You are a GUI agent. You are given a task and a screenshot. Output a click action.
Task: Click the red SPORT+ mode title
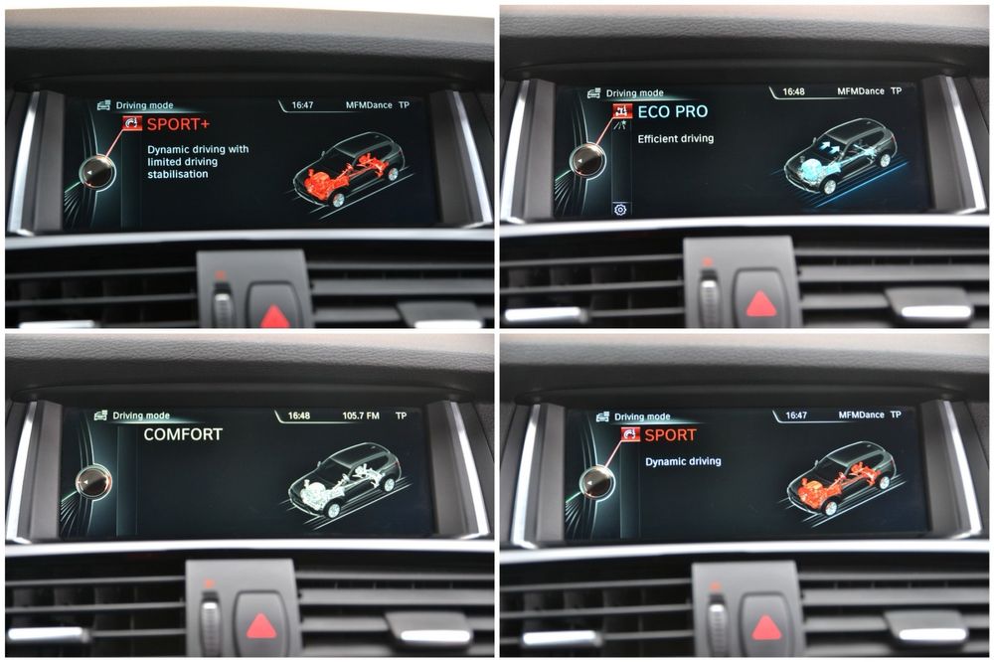click(x=178, y=124)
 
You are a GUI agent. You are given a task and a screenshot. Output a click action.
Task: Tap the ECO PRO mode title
click(x=673, y=111)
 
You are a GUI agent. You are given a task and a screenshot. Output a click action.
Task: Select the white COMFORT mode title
click(x=183, y=434)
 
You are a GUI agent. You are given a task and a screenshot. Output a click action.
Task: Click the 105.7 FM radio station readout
click(x=361, y=415)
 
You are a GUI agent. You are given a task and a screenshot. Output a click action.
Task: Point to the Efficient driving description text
click(x=676, y=139)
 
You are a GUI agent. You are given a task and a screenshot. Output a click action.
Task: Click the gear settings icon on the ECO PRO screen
click(x=620, y=210)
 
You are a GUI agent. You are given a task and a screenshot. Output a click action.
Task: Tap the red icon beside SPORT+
click(x=132, y=123)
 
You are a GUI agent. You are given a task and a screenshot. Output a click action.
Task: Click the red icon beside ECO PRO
click(x=622, y=111)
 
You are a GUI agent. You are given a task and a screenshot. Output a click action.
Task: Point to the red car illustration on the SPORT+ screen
click(x=349, y=169)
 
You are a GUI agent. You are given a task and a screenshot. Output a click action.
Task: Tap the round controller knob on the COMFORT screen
click(x=93, y=482)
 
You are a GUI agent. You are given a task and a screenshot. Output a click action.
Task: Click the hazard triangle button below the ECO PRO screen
click(x=760, y=304)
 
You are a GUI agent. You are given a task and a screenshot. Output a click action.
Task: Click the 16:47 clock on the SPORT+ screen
click(x=302, y=105)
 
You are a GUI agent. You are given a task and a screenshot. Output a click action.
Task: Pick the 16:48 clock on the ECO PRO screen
click(x=793, y=91)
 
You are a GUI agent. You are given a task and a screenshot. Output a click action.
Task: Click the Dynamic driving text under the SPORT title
click(x=684, y=461)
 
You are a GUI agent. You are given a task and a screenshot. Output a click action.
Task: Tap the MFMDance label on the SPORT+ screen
click(x=369, y=105)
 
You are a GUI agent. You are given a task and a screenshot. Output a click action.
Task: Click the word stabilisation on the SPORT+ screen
click(x=178, y=174)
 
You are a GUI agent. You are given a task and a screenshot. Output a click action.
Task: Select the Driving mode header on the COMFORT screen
click(x=141, y=415)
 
